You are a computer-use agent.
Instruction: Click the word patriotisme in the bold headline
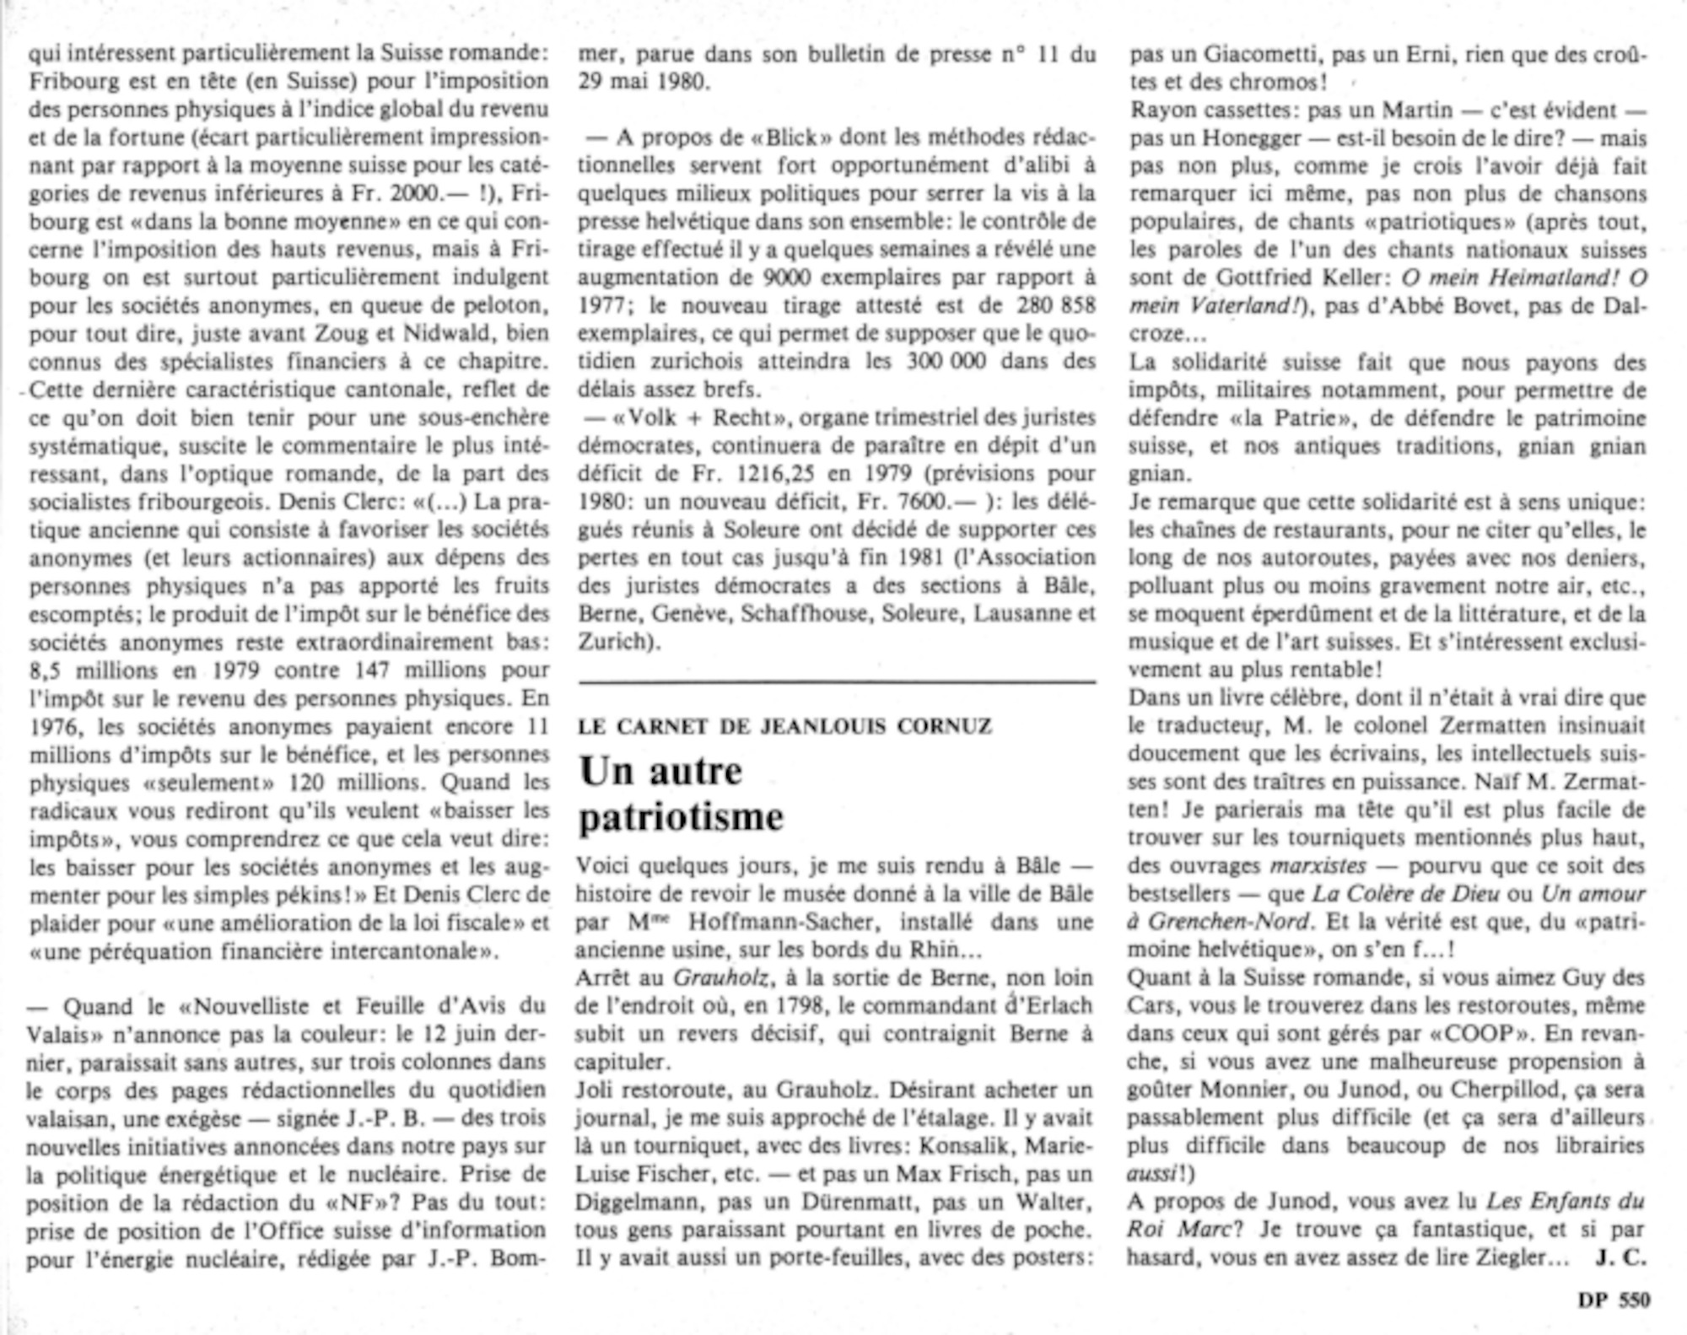pyautogui.click(x=681, y=817)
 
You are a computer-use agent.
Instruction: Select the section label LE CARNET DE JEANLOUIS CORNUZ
pyautogui.click(x=784, y=726)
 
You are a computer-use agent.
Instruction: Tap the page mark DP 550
pyautogui.click(x=1614, y=1300)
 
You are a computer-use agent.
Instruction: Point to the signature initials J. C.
pyautogui.click(x=1620, y=1257)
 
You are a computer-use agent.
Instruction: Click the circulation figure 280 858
pyautogui.click(x=1050, y=305)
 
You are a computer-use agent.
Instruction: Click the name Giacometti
pyautogui.click(x=1257, y=55)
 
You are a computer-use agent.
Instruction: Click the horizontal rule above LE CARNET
pyautogui.click(x=837, y=681)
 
